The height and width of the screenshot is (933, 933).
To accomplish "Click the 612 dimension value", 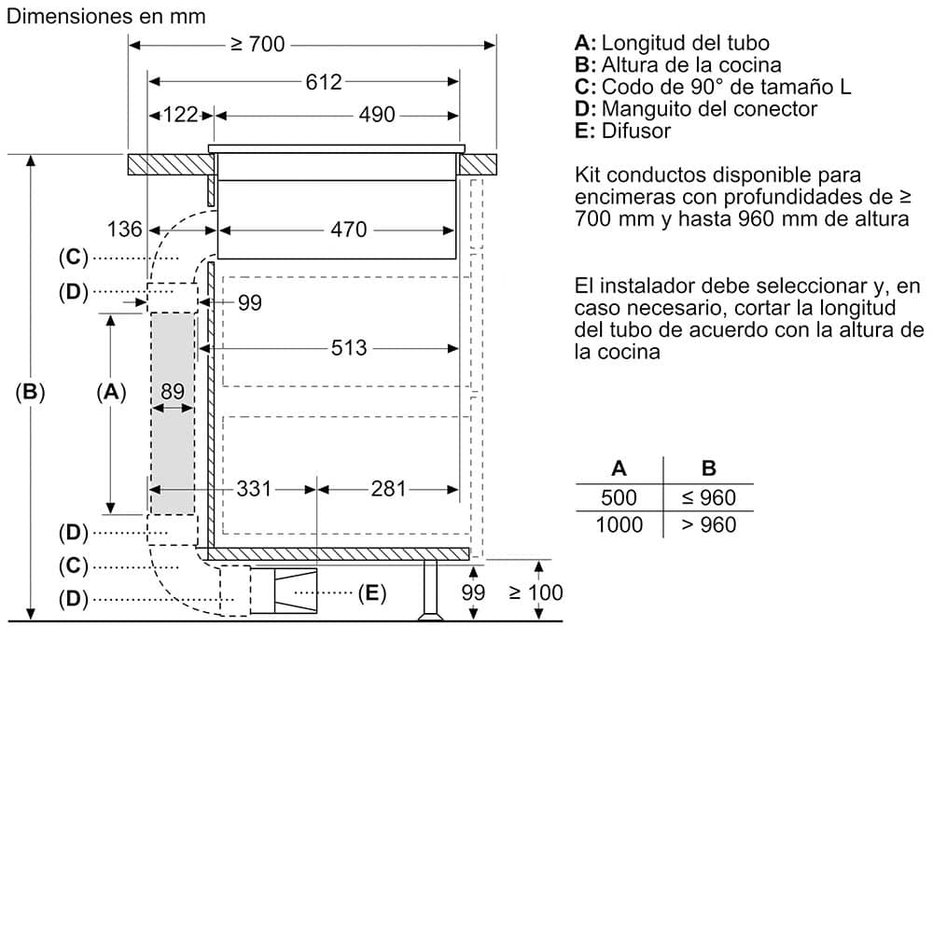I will [324, 82].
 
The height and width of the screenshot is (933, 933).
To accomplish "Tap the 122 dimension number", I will [181, 115].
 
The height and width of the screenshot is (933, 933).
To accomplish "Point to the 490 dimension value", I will [378, 115].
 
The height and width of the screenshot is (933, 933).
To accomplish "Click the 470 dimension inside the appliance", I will [348, 230].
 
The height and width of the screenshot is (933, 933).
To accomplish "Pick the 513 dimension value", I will [348, 349].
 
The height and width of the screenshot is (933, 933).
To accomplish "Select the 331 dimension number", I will [253, 488].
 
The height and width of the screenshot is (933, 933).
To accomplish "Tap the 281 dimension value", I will [389, 488].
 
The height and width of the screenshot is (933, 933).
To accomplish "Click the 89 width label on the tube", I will [173, 392].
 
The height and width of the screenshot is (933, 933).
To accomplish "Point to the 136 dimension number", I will [125, 230].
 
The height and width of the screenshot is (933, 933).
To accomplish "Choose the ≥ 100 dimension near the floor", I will [536, 592].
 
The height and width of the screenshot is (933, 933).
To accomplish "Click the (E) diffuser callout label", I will [371, 592].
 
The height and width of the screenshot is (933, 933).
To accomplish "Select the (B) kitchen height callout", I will [31, 393].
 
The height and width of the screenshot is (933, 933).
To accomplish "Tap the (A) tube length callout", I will [111, 393].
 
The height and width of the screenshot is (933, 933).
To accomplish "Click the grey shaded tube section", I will [173, 448].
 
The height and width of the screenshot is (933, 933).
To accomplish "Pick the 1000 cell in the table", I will [620, 525].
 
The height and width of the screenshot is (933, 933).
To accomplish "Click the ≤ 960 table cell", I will [708, 498].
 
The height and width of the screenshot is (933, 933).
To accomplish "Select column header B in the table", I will [708, 468].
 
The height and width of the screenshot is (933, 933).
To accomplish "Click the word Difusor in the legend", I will [636, 131].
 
